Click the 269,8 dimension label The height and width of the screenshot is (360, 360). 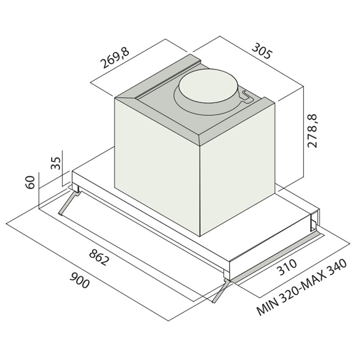tap(115, 58)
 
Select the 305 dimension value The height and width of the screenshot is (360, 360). tap(262, 51)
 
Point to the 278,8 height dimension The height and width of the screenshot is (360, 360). tap(312, 130)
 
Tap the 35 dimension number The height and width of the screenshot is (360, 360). tap(55, 163)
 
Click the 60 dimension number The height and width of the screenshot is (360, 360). tap(30, 182)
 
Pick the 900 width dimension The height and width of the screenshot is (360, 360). tap(80, 280)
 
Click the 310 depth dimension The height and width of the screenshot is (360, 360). tap(287, 267)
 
